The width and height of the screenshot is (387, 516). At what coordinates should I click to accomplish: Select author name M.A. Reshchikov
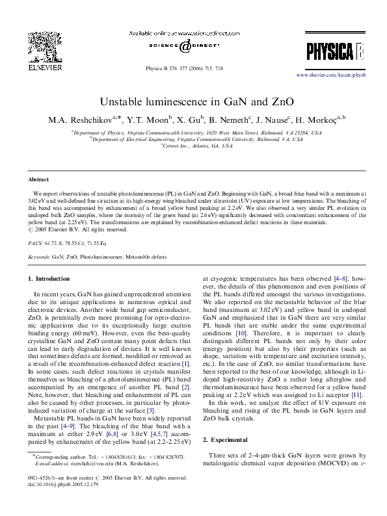[75, 119]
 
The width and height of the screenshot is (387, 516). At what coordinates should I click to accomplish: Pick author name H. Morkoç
[319, 119]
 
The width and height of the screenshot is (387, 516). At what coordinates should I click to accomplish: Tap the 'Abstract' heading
[38, 179]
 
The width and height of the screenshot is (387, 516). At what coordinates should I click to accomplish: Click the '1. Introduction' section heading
[51, 279]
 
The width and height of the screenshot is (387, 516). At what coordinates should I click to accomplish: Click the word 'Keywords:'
[39, 257]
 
